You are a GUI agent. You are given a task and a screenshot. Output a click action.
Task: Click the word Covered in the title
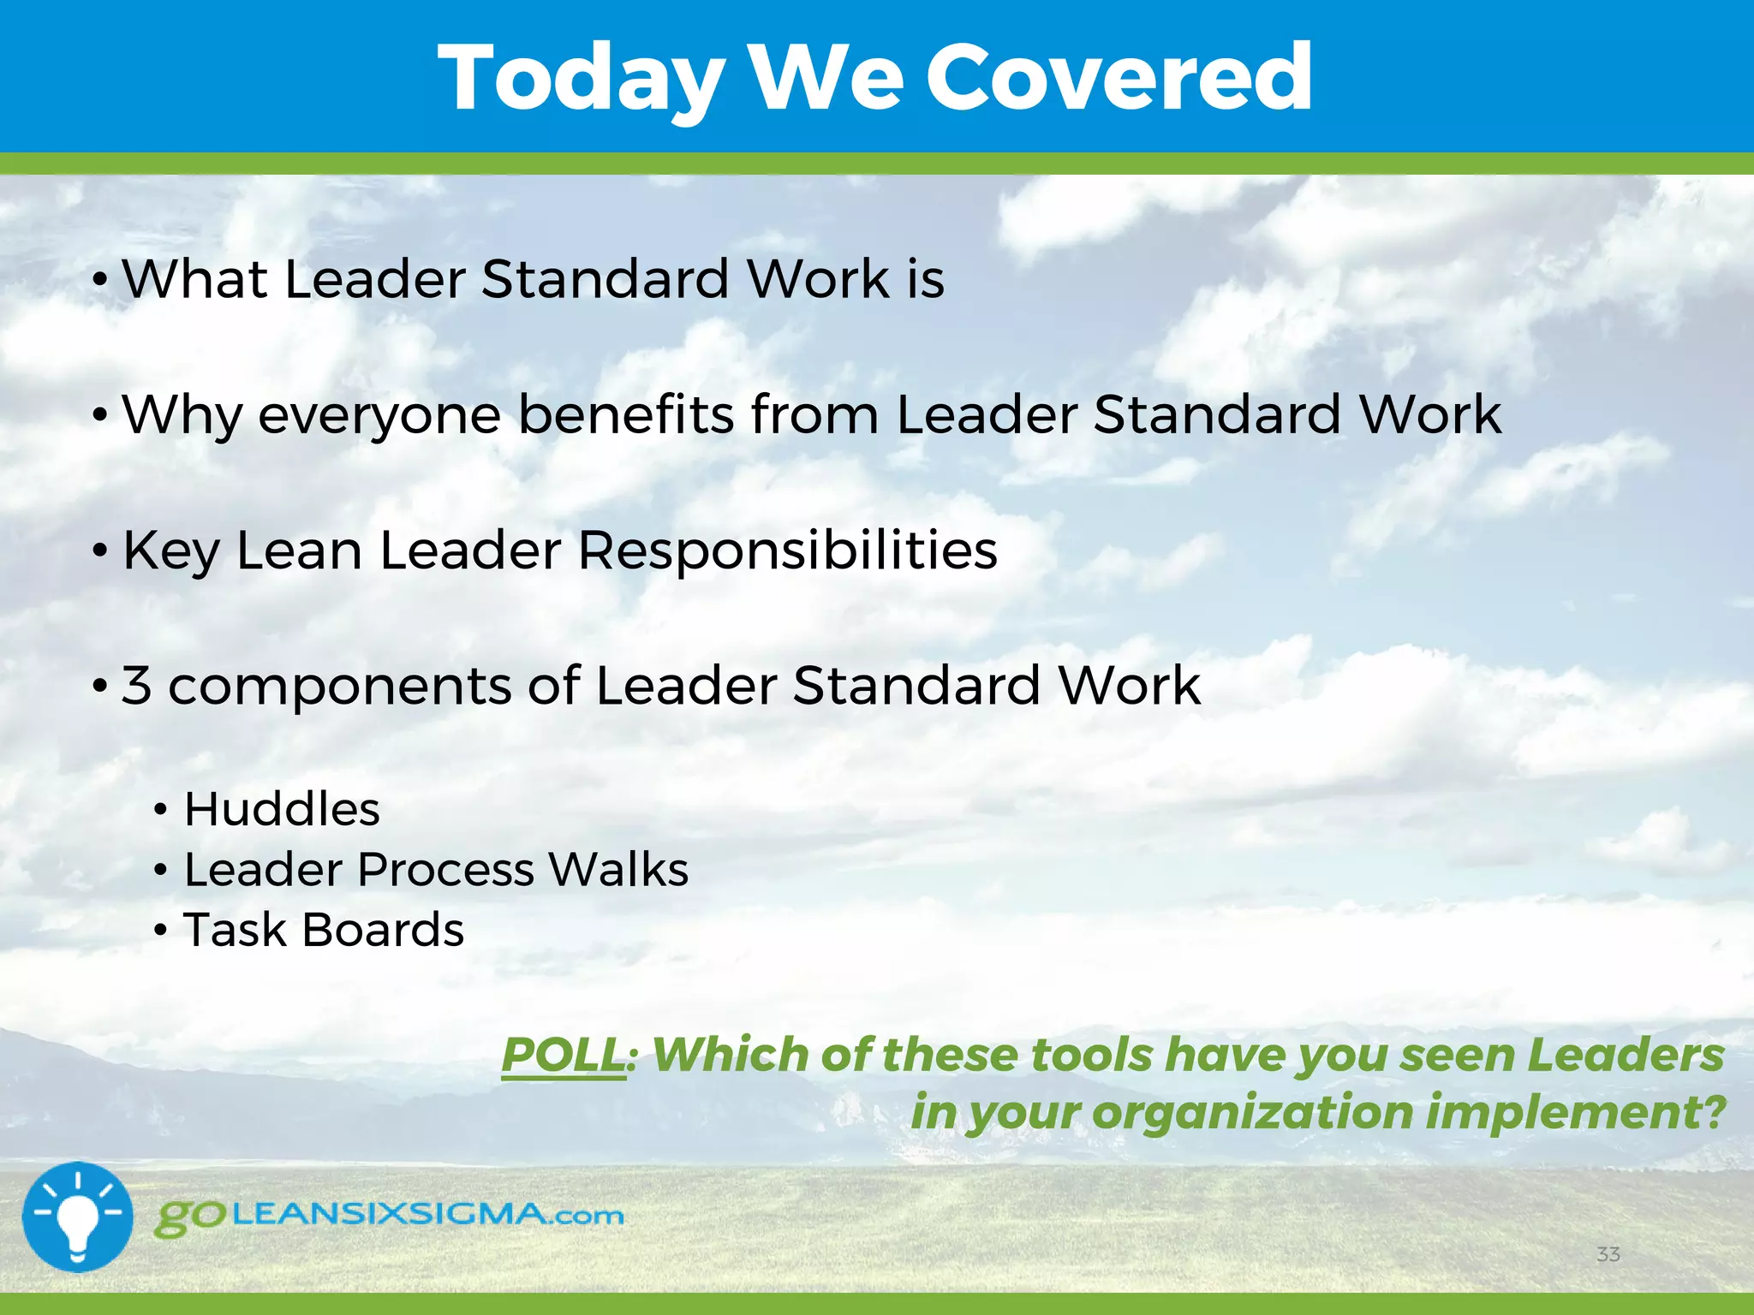1118,79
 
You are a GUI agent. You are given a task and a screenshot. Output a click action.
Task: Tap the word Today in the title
582,79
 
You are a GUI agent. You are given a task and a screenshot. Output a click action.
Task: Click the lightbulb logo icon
78,1217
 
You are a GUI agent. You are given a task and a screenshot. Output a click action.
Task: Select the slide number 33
1608,1254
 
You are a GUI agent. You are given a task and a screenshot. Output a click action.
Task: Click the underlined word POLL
563,1055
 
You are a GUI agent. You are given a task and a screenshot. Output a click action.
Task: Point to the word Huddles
282,809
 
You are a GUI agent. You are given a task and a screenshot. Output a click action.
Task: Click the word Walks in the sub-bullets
618,870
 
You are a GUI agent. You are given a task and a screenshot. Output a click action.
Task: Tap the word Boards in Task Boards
383,930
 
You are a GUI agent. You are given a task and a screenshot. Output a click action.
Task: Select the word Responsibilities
787,550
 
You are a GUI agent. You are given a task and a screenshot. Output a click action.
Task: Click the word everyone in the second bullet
379,415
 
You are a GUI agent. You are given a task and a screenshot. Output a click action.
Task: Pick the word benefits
626,414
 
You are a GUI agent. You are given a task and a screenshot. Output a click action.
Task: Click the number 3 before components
137,686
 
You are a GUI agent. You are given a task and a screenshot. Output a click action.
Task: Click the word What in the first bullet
194,279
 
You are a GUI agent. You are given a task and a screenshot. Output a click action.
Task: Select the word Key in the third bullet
171,551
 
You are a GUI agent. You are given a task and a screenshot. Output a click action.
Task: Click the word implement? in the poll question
1576,1112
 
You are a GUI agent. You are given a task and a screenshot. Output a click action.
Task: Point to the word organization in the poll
1253,1113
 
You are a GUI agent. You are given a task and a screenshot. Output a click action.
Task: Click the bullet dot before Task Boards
160,931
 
